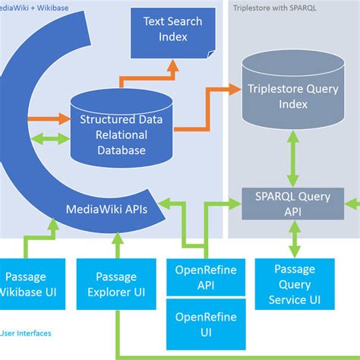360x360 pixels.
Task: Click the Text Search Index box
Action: [x=173, y=33]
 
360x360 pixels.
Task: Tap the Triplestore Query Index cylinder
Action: [x=288, y=96]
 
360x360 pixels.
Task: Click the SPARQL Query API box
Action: [x=288, y=204]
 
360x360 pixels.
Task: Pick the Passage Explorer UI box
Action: [x=116, y=283]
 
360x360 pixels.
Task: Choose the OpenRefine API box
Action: [x=203, y=278]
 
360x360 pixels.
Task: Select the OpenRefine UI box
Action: [x=203, y=324]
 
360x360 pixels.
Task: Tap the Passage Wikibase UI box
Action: [x=30, y=283]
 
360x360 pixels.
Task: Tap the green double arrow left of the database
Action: [x=51, y=139]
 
